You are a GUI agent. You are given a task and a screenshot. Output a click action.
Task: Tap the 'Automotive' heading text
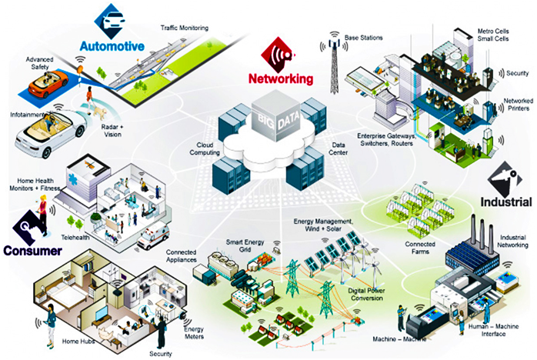pyautogui.click(x=111, y=46)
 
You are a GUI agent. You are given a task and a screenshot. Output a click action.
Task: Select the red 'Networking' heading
pyautogui.click(x=281, y=78)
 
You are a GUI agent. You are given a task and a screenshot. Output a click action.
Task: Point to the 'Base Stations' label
pyautogui.click(x=365, y=36)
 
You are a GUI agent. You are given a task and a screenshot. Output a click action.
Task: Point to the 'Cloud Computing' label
pyautogui.click(x=192, y=147)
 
